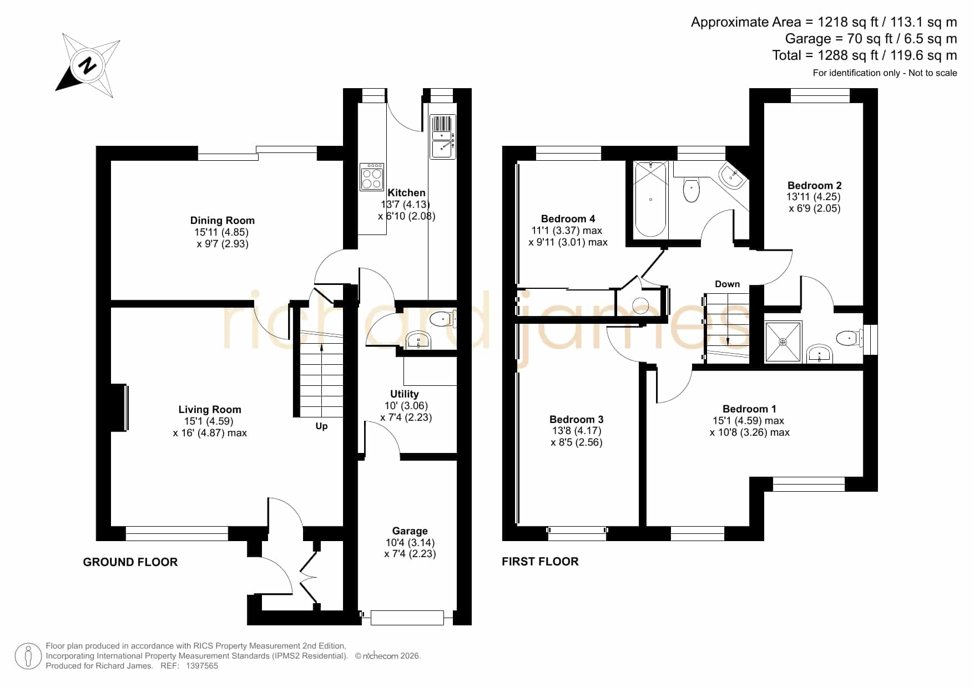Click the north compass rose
pyautogui.click(x=88, y=65)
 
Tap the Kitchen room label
pyautogui.click(x=406, y=193)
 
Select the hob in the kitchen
pyautogui.click(x=372, y=177)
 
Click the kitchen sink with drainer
pyautogui.click(x=443, y=136)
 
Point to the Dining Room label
pyautogui.click(x=223, y=221)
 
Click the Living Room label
pyautogui.click(x=210, y=410)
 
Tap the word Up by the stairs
pyautogui.click(x=321, y=426)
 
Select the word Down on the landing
pyautogui.click(x=727, y=284)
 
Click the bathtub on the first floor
pyautogui.click(x=650, y=199)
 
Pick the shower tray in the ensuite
pyautogui.click(x=783, y=342)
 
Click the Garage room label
pyautogui.click(x=410, y=531)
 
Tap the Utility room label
pyautogui.click(x=404, y=394)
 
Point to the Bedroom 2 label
pyautogui.click(x=814, y=186)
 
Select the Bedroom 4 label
pyautogui.click(x=568, y=219)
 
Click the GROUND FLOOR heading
pyautogui.click(x=130, y=562)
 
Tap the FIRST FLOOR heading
pyautogui.click(x=540, y=562)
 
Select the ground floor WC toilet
pyautogui.click(x=443, y=319)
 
